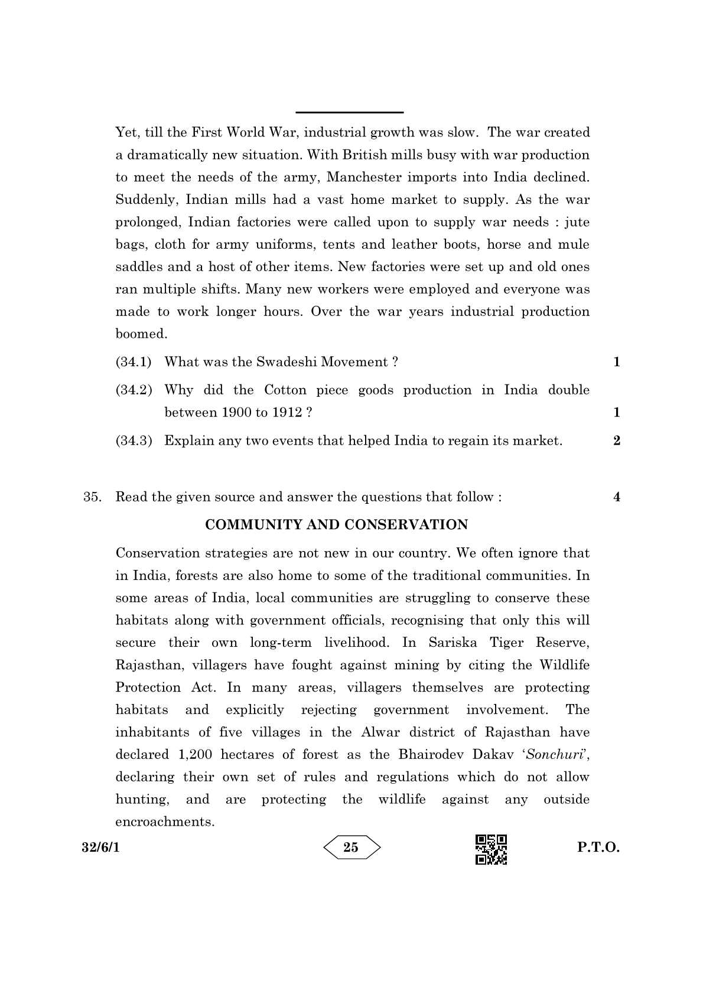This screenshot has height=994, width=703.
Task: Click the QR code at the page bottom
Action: tap(491, 849)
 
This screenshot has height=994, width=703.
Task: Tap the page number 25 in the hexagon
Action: tap(351, 848)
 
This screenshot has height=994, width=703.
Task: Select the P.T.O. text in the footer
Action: tap(598, 848)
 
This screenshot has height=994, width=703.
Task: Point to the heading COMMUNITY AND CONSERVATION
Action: tap(336, 524)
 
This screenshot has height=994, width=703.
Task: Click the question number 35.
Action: tap(92, 497)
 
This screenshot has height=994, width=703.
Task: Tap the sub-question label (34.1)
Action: tap(134, 362)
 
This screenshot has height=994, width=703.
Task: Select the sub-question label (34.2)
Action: tap(134, 390)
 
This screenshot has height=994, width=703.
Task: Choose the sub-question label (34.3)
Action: tap(134, 441)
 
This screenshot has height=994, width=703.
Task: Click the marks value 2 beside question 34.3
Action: tap(617, 441)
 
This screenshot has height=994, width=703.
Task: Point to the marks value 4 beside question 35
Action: tap(617, 497)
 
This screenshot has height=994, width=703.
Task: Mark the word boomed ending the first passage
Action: tap(141, 334)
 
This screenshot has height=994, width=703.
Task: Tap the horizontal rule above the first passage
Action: tap(349, 112)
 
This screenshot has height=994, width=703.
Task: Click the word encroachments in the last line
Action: tap(164, 822)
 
